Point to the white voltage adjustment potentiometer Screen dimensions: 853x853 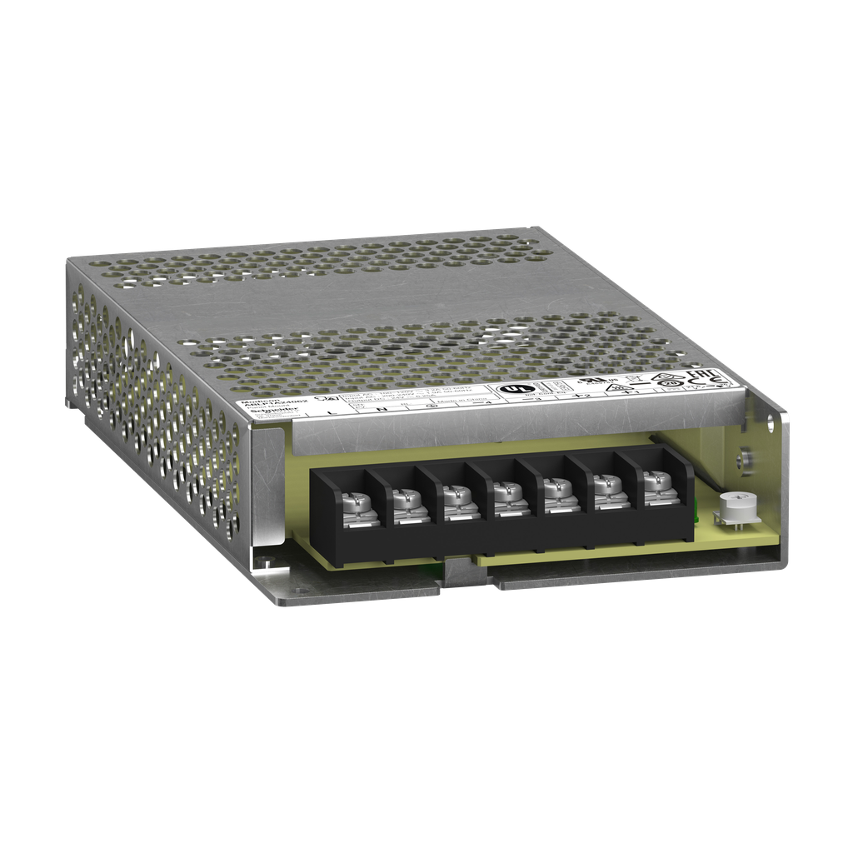pos(732,505)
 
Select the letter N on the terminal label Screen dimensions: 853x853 pos(382,407)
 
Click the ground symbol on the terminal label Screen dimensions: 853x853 pos(431,405)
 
